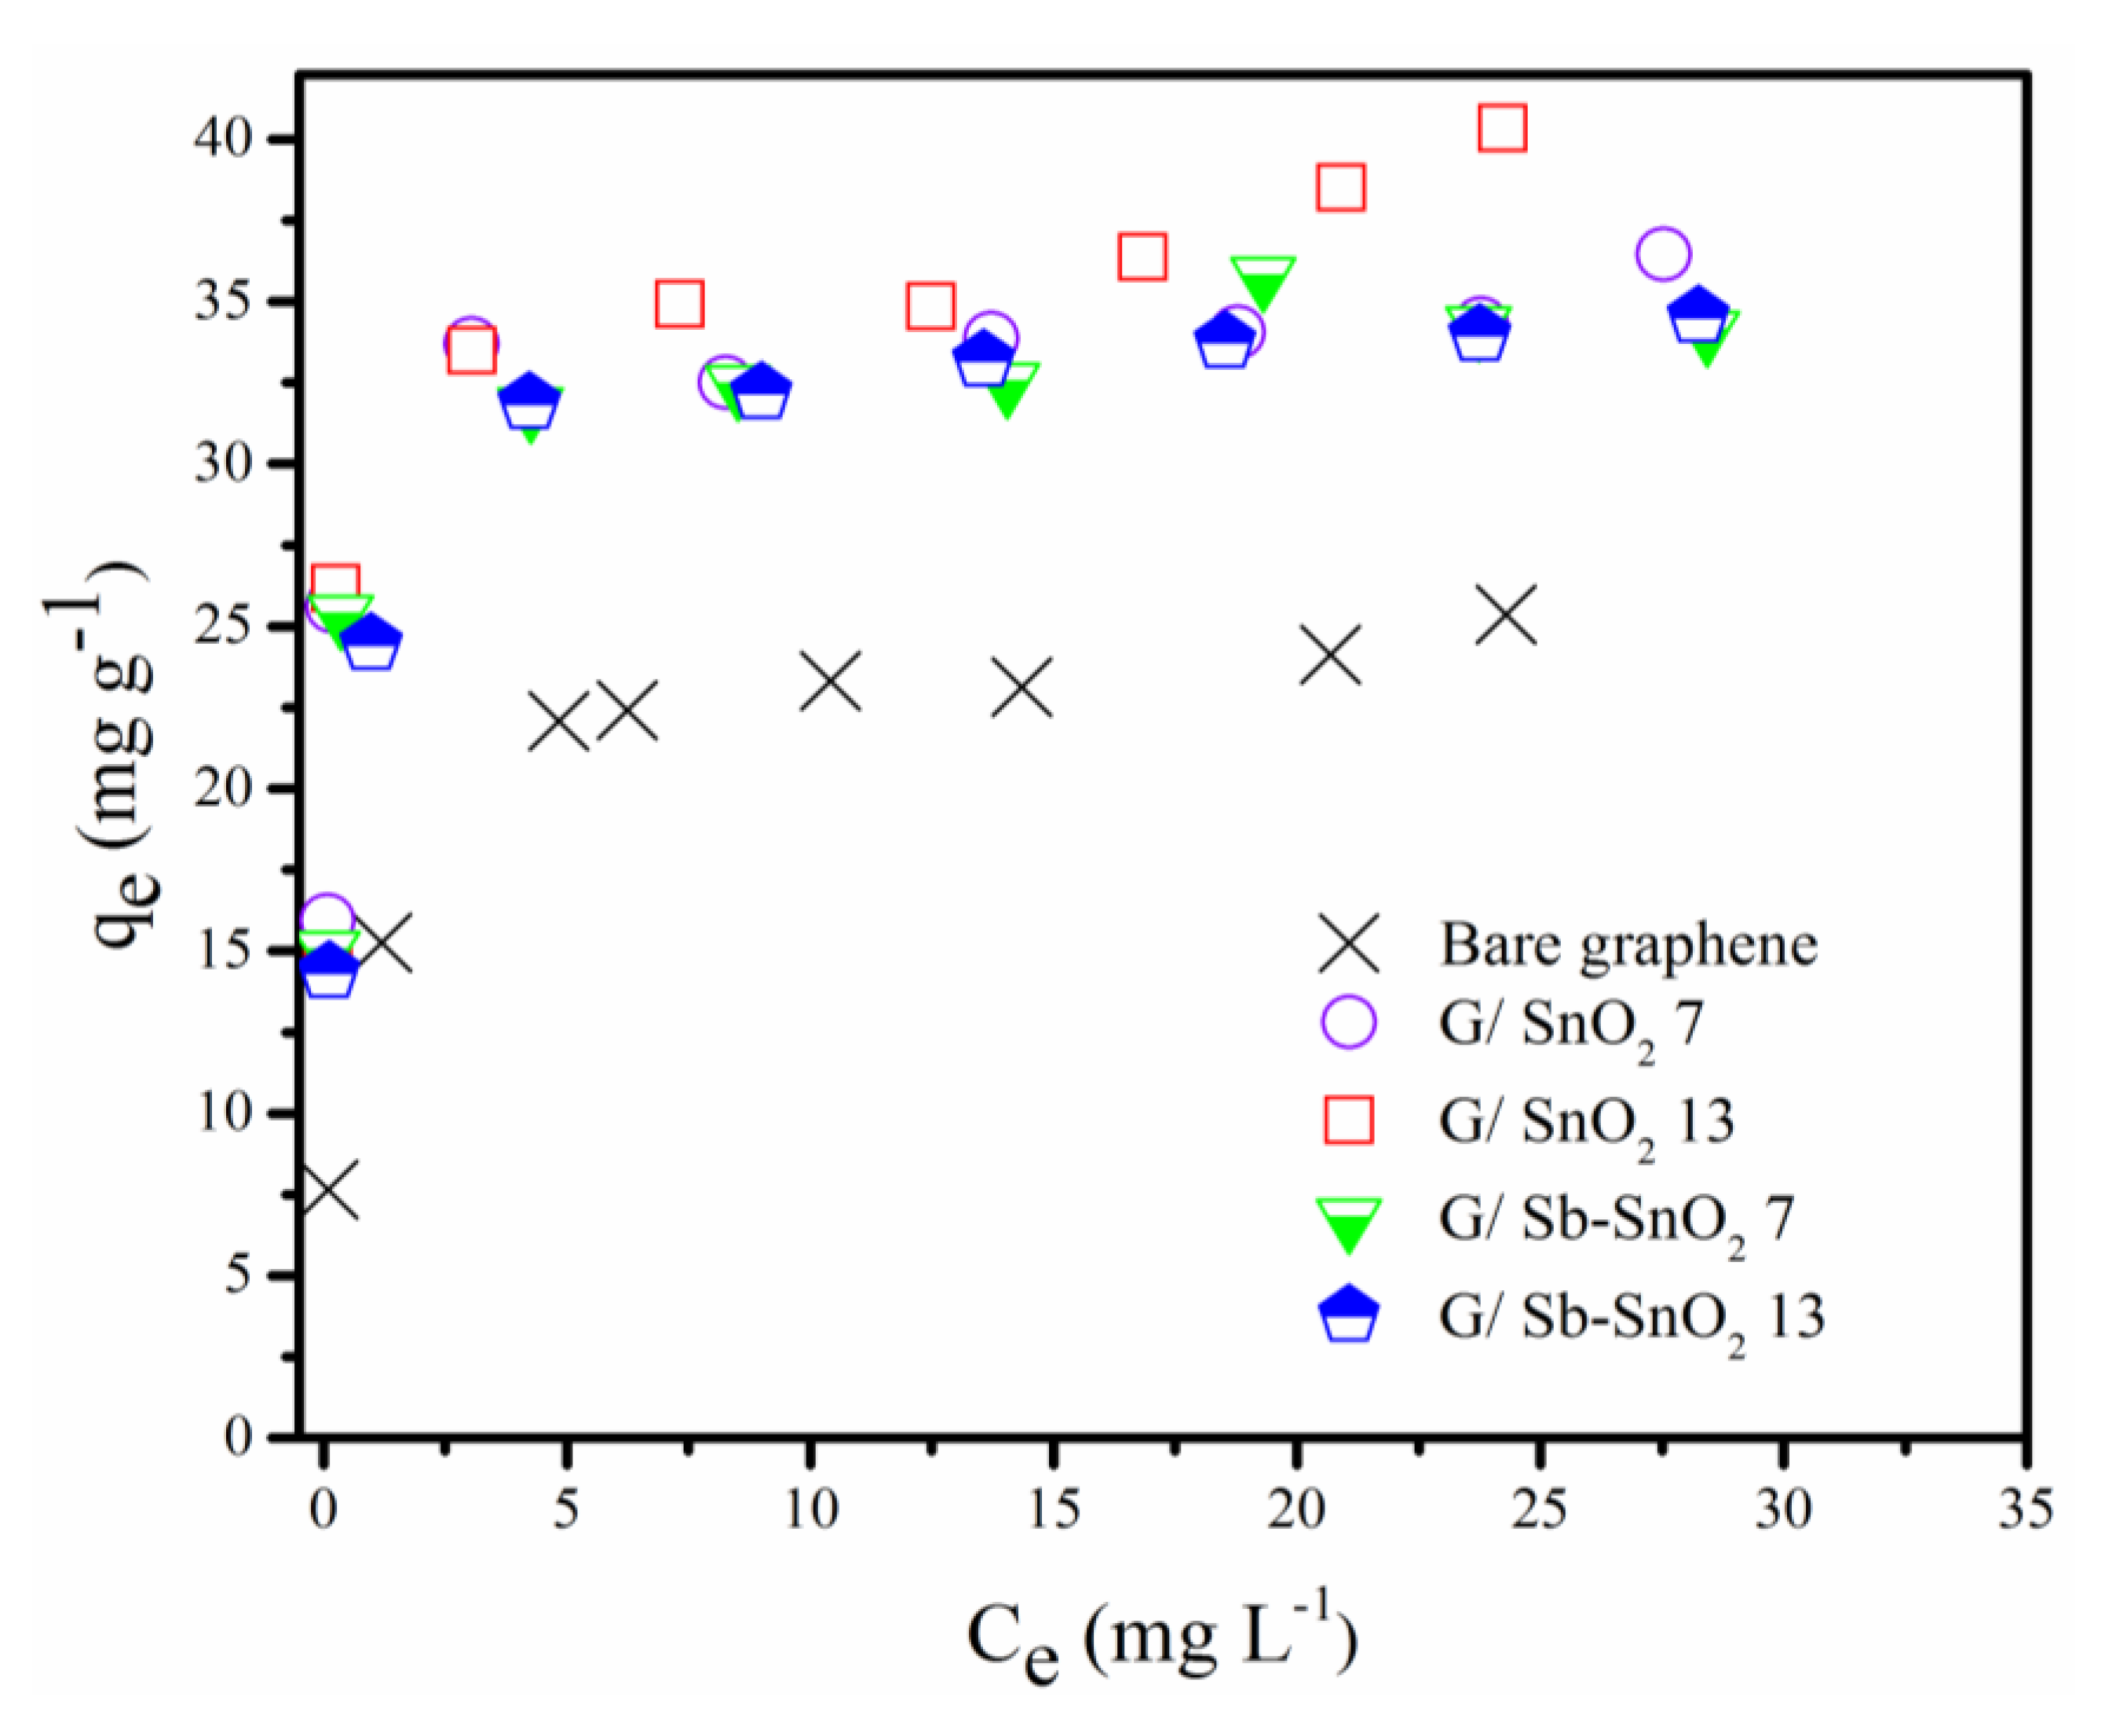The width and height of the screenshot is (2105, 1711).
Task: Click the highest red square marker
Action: click(1502, 128)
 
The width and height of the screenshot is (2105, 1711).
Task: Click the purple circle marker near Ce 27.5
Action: click(1662, 254)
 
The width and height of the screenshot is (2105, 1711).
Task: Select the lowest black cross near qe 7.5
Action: click(327, 1190)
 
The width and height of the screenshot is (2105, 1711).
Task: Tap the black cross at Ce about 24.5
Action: click(1506, 613)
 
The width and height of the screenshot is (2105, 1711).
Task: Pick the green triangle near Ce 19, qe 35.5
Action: click(1263, 281)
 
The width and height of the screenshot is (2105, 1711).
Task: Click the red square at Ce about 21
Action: click(1340, 187)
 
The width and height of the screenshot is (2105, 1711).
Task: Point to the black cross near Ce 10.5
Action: click(831, 681)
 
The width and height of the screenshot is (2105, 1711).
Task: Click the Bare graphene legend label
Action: click(1628, 944)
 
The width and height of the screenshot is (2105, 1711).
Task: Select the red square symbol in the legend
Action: click(1348, 1121)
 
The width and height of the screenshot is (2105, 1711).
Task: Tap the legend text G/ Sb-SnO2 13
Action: click(1631, 1318)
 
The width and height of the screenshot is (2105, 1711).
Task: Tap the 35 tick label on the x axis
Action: click(2025, 1509)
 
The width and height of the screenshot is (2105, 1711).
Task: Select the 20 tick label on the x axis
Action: click(1296, 1509)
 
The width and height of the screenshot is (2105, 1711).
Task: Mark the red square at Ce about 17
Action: click(1142, 258)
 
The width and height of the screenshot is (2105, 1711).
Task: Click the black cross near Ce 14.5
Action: click(1023, 687)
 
